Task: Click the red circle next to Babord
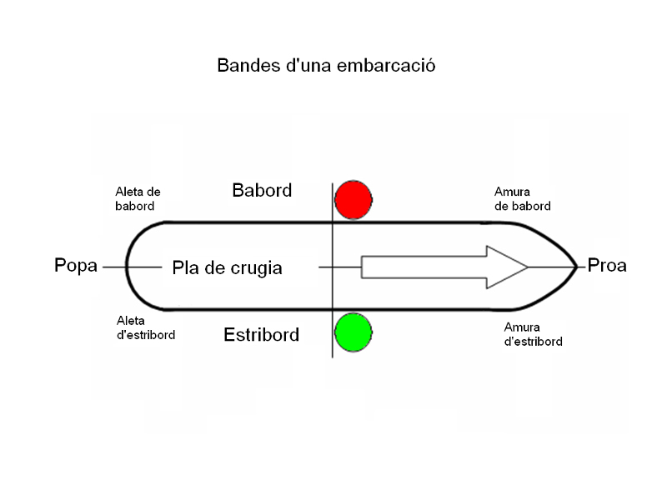point(353,199)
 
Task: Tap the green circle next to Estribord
point(353,331)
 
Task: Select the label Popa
point(76,266)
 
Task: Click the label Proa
point(607,266)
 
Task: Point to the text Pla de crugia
point(227,268)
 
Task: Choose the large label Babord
point(262,191)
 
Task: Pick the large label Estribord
point(261,336)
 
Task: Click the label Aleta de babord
point(138,198)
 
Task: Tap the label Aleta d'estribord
point(145,327)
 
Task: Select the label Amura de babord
point(522,198)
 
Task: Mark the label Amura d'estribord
point(533,334)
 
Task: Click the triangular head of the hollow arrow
point(504,267)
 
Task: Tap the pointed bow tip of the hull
point(574,267)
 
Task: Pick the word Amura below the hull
point(522,327)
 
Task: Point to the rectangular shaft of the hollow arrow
point(424,267)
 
